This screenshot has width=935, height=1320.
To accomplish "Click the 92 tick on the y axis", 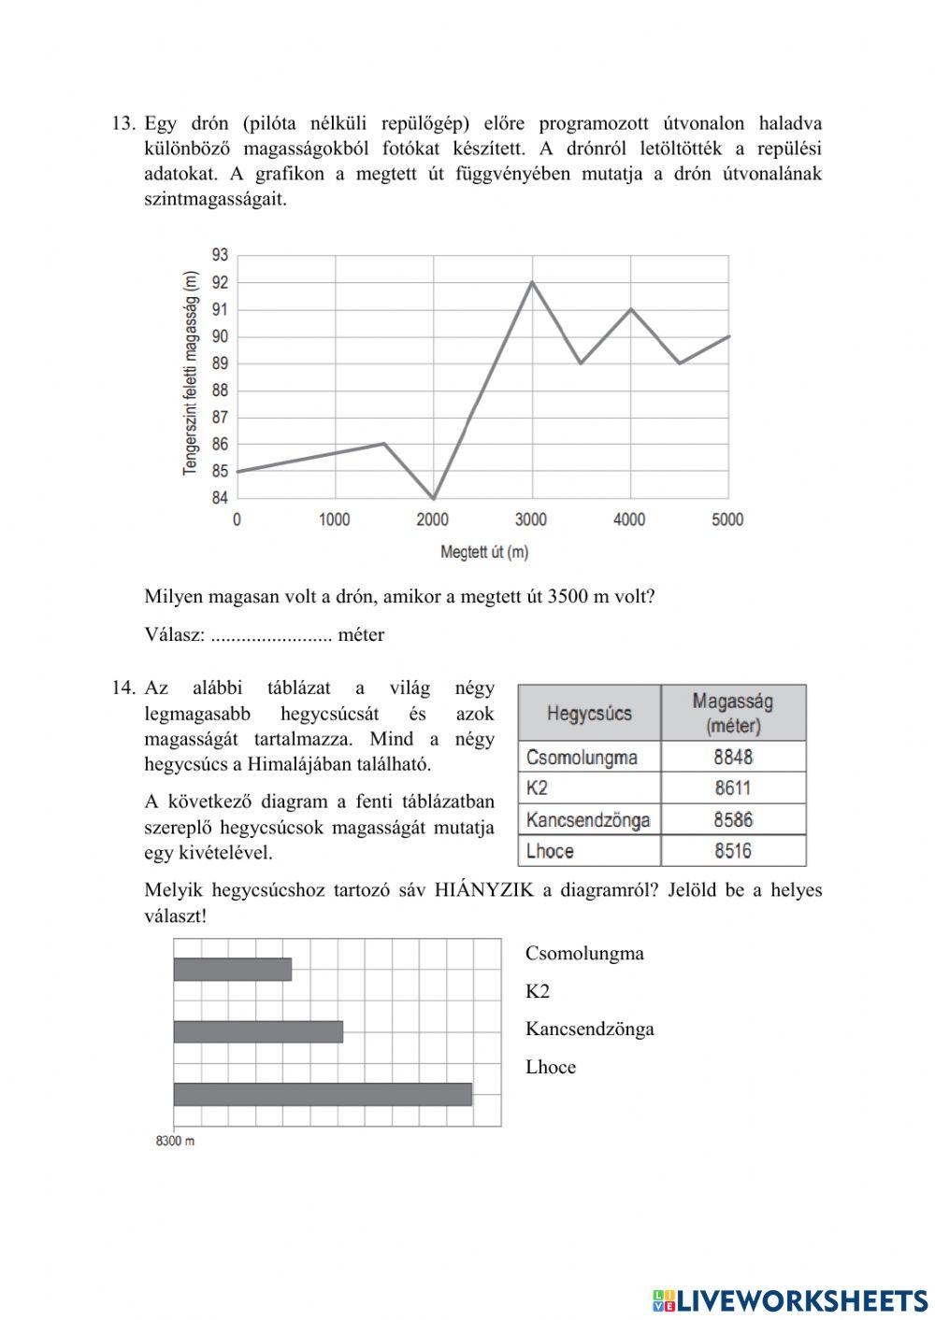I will (220, 282).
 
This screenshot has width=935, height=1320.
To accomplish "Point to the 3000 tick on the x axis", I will (531, 519).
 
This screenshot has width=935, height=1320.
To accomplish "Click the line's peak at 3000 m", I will (532, 282).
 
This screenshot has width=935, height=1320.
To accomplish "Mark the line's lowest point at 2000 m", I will (434, 498).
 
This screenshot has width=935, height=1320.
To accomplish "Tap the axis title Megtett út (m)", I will (484, 552).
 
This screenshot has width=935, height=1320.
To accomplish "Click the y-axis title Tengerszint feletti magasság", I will (191, 374).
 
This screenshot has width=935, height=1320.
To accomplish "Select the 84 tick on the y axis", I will (220, 498).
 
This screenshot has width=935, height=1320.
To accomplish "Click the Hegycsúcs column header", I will (589, 714).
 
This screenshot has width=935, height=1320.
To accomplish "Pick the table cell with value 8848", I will (733, 757).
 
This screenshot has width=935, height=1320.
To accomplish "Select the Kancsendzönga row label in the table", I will (588, 820).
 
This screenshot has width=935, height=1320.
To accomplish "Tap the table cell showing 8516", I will (733, 851).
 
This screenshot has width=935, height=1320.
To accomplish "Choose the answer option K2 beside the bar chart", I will (538, 991).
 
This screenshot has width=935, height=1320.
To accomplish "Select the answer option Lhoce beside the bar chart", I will (551, 1067).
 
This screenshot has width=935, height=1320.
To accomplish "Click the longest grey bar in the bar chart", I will (323, 1094).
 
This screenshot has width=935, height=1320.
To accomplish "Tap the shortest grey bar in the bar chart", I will (233, 970).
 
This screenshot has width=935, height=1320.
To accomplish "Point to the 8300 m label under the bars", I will (175, 1141).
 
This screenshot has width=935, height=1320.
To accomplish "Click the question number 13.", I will (123, 123).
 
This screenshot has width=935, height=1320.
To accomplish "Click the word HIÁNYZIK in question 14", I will (483, 889).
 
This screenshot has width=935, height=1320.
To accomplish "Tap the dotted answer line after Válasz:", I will (271, 636).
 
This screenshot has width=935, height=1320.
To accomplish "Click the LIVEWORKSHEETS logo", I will (790, 1299).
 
